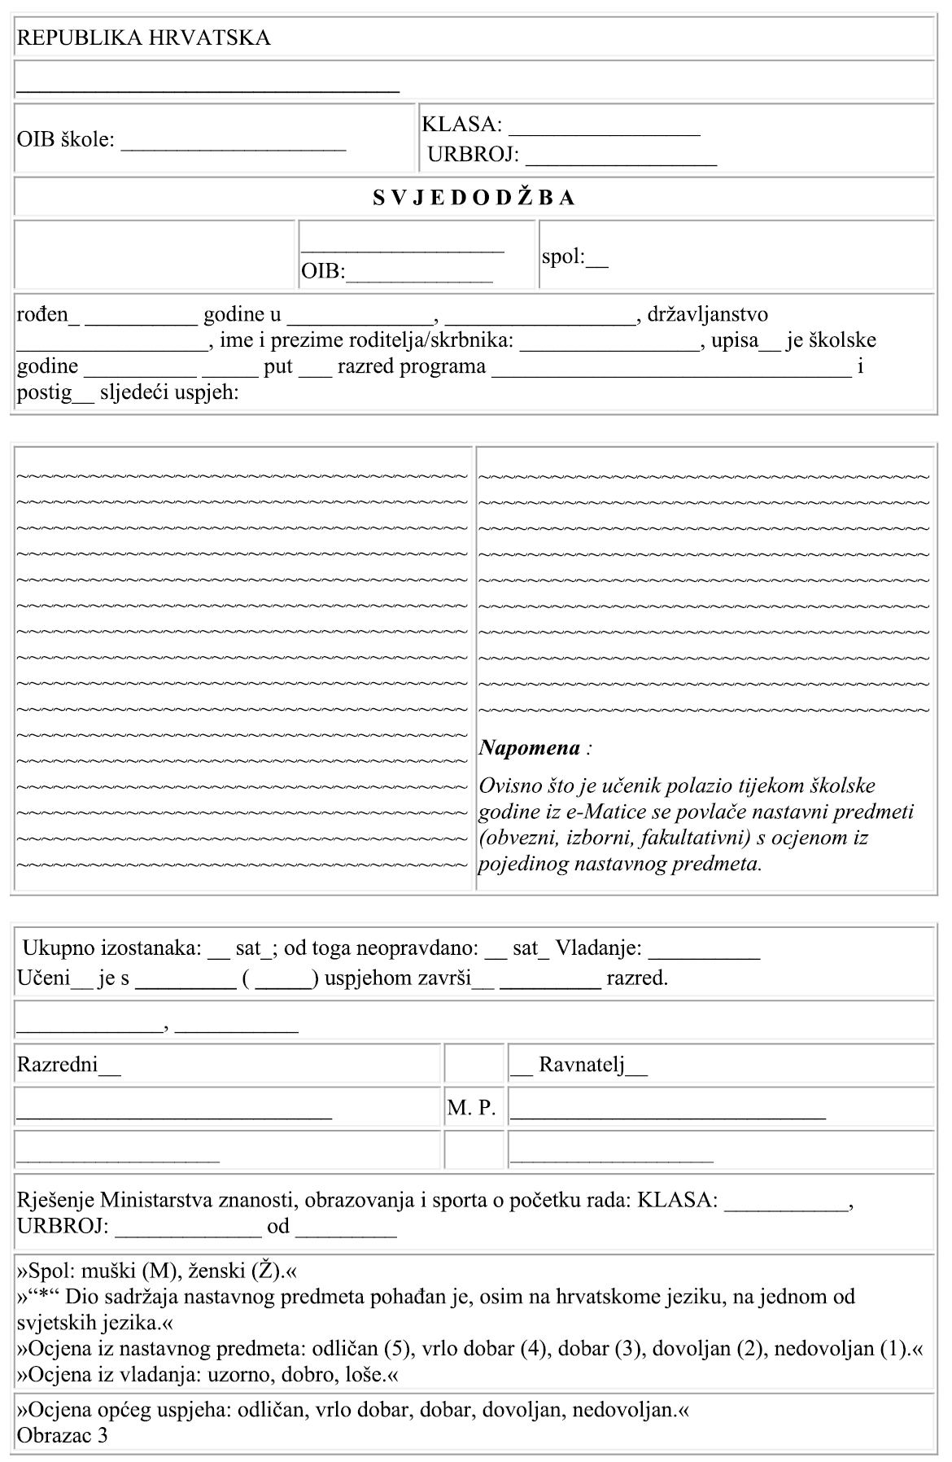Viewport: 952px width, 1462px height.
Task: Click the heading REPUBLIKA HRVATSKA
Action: click(144, 38)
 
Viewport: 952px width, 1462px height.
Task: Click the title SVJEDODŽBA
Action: click(474, 198)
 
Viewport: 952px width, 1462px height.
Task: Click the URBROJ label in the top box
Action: click(473, 155)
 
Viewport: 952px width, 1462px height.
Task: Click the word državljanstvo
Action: click(708, 314)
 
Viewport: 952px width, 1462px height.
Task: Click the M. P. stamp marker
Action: click(471, 1108)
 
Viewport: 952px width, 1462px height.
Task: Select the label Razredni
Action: click(57, 1065)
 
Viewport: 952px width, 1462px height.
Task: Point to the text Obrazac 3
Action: click(62, 1435)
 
